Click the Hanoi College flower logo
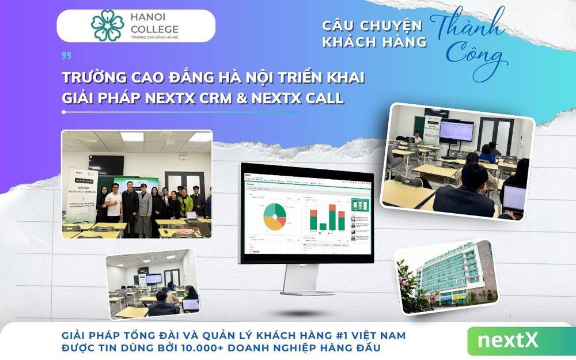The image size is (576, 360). pos(107,25)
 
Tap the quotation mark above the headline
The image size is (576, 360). pos(66,56)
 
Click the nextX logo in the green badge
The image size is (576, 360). pos(507,340)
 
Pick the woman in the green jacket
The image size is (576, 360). pos(185,204)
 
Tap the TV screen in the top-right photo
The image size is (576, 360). pos(456,132)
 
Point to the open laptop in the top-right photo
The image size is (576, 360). pos(514,199)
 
